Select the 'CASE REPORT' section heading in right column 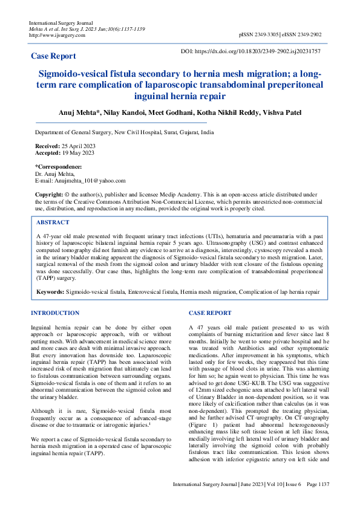[209, 313]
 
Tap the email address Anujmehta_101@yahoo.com [87, 180]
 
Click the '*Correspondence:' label [58, 166]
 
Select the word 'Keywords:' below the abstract [50, 291]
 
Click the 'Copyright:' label [49, 193]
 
